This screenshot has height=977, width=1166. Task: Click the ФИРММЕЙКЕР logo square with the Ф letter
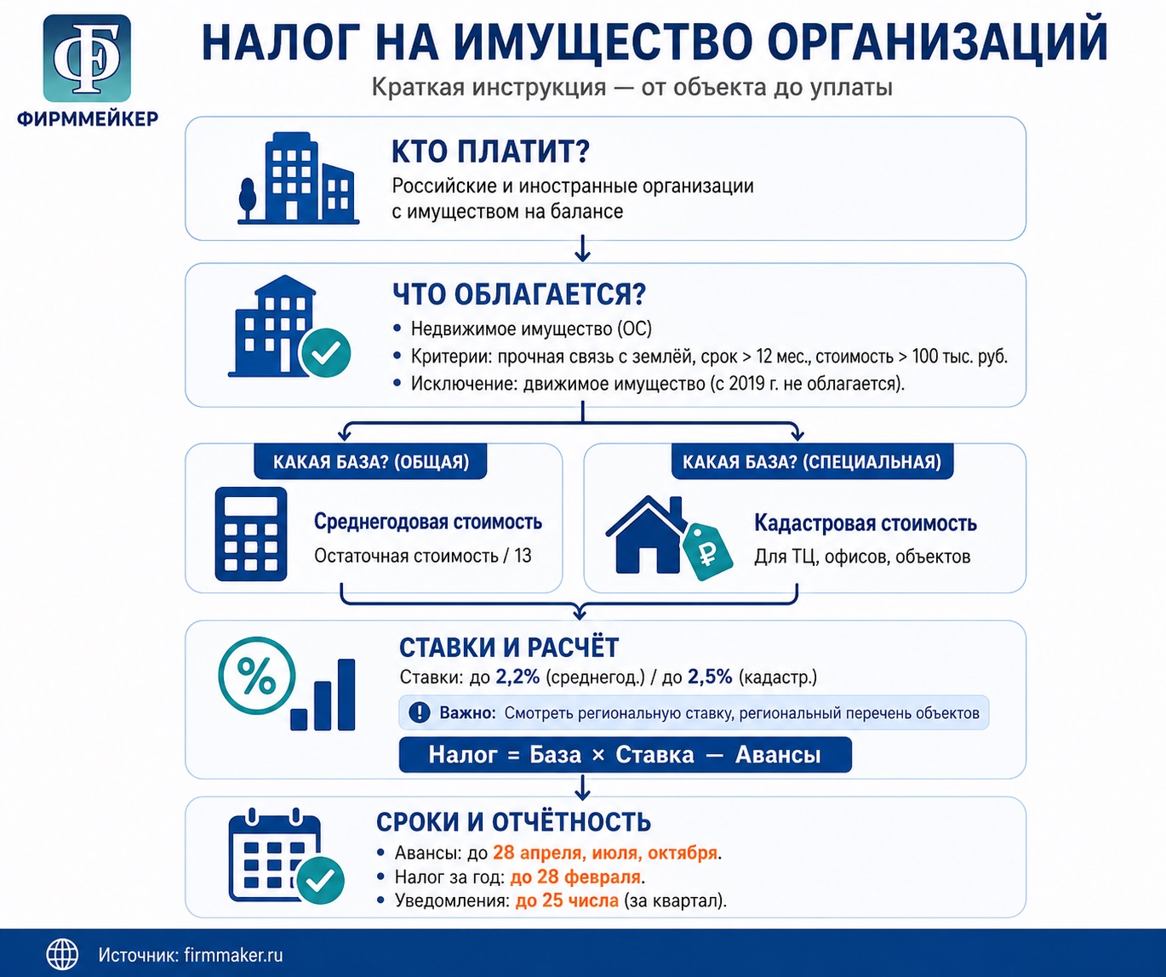tap(87, 58)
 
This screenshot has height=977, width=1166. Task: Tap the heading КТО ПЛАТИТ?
tap(490, 151)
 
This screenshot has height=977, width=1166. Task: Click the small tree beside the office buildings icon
tap(248, 199)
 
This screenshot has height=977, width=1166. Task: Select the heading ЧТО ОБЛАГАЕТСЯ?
tap(519, 294)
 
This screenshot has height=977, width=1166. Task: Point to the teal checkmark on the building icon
tap(326, 353)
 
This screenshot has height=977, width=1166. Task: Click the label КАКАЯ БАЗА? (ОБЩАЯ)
tap(371, 462)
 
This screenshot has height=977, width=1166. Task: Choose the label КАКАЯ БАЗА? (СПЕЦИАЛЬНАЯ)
tap(812, 462)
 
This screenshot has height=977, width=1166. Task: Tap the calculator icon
tap(251, 534)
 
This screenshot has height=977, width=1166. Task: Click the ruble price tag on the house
tap(707, 552)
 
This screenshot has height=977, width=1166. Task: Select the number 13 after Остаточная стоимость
tap(523, 556)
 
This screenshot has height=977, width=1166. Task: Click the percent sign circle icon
tap(257, 676)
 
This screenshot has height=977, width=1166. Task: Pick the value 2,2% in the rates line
tap(517, 677)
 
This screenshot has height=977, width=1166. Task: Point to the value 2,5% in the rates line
tap(710, 677)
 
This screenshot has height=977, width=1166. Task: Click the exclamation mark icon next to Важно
tap(420, 712)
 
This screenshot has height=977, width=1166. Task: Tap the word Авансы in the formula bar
tap(778, 755)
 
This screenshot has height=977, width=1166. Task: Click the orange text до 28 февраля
tap(575, 877)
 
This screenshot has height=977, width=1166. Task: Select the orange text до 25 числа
tap(567, 900)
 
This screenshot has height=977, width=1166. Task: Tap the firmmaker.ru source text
tap(233, 955)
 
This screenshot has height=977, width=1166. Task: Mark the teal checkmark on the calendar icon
tap(321, 881)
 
